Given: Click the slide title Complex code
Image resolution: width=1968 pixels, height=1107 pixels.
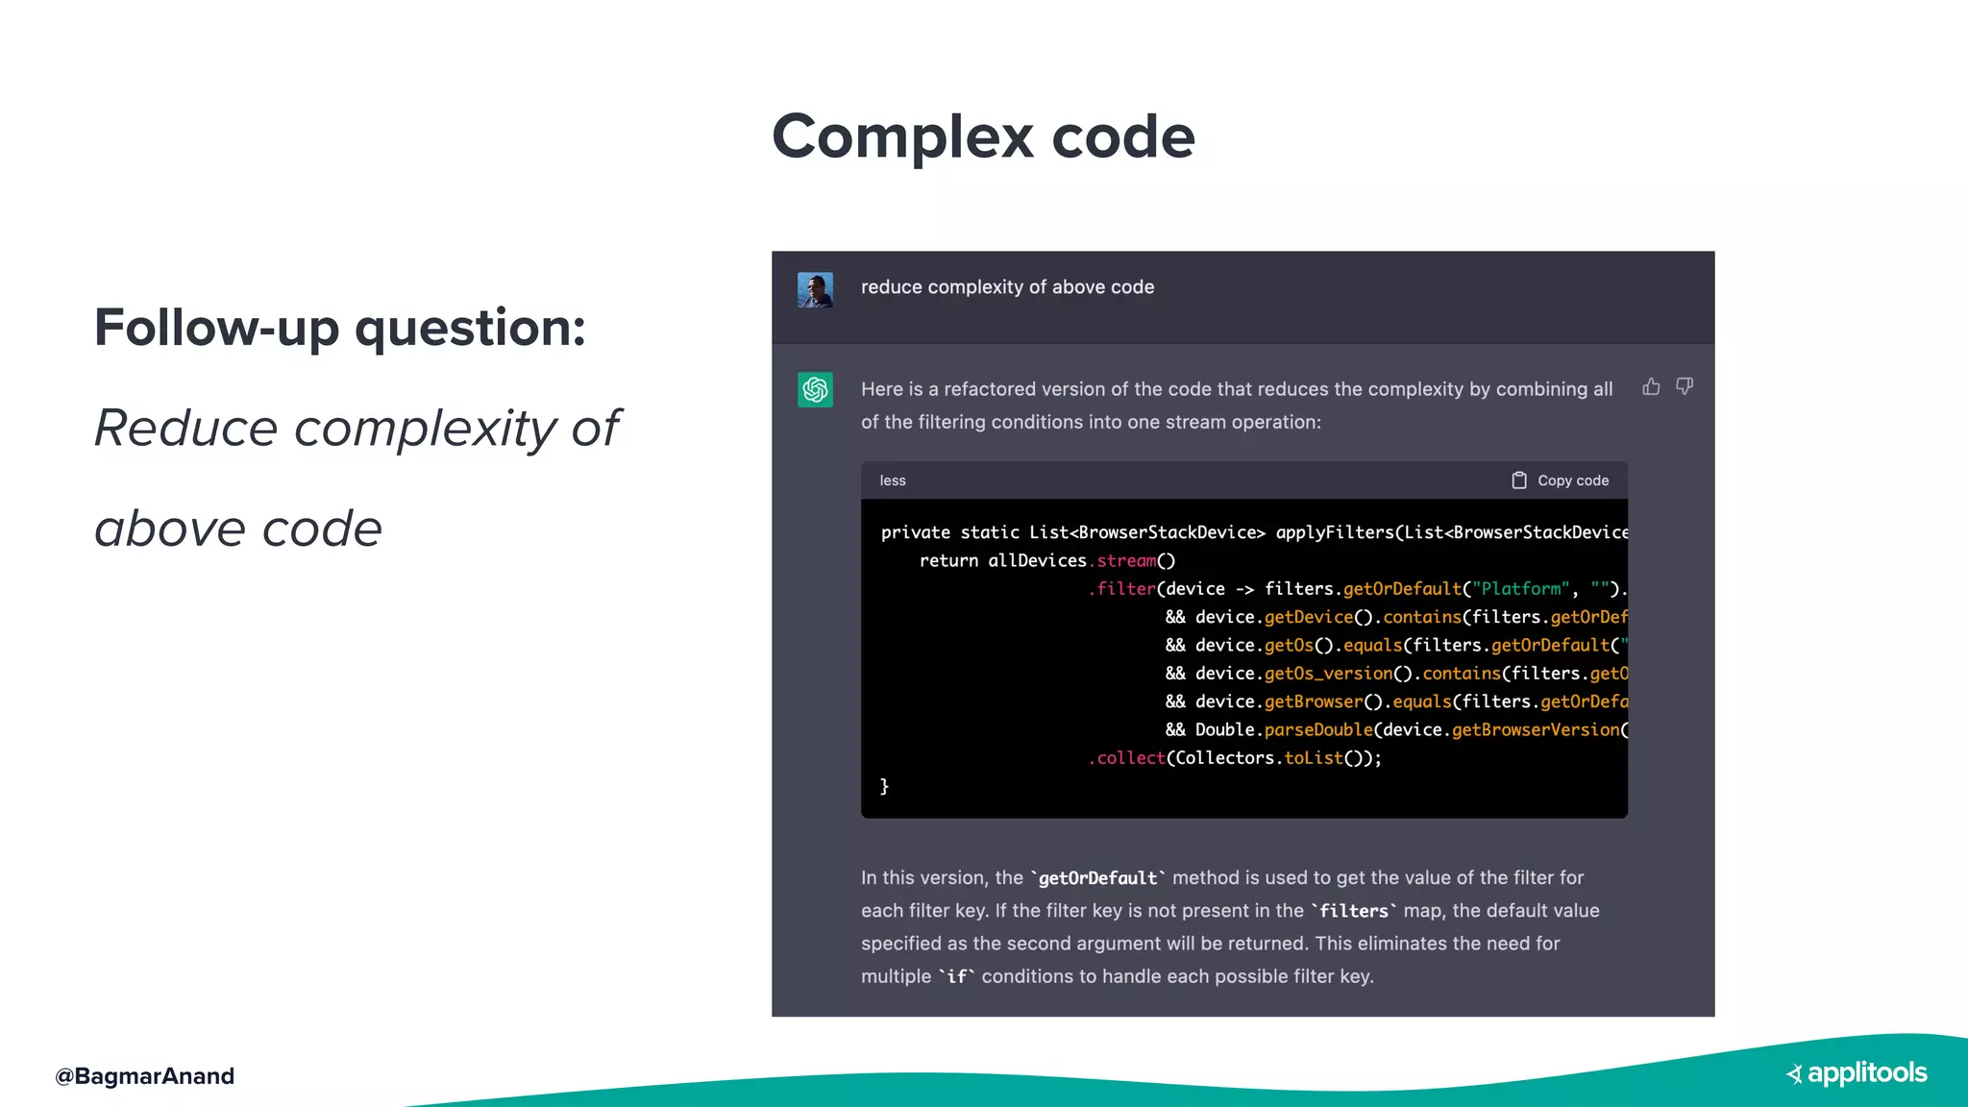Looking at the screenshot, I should [x=983, y=136].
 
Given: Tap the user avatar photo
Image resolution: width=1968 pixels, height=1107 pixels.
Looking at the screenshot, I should [x=815, y=289].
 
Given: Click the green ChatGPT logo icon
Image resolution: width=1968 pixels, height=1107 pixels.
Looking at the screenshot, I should [x=815, y=389].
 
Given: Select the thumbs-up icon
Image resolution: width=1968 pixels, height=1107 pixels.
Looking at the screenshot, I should [x=1651, y=386].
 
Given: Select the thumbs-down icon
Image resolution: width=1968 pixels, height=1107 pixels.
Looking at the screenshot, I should [x=1685, y=386].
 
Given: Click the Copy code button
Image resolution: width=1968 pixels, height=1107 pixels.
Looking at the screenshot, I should [x=1561, y=480].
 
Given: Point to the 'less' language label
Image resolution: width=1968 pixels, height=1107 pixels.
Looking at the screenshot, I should [x=892, y=480].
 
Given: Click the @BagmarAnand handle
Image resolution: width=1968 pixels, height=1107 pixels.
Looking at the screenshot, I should [x=144, y=1075].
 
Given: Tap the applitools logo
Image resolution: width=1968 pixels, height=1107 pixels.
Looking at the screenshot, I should [x=1857, y=1073].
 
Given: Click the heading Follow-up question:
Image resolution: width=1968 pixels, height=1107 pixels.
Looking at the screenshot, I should [x=339, y=328].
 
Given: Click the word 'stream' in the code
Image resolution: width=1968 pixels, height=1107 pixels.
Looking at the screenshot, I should [x=1125, y=560].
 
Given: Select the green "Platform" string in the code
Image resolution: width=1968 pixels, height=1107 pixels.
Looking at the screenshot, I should [x=1520, y=589].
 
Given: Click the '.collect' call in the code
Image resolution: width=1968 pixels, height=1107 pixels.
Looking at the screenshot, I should [x=1126, y=758].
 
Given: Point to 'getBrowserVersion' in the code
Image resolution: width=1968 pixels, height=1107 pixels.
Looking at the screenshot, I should [x=1535, y=730].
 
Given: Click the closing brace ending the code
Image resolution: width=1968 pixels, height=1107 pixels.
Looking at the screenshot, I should [x=884, y=786].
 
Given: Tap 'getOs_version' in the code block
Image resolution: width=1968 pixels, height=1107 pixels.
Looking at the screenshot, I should [x=1328, y=674].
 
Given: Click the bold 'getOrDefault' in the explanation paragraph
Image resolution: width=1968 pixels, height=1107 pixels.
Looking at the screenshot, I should [x=1097, y=878].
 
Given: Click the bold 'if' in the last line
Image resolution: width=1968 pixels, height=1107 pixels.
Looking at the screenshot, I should [x=956, y=976].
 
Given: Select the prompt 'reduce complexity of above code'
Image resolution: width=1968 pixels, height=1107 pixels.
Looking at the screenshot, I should [x=1007, y=287].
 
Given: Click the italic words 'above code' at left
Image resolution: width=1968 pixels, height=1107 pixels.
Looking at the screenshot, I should [x=238, y=529].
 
